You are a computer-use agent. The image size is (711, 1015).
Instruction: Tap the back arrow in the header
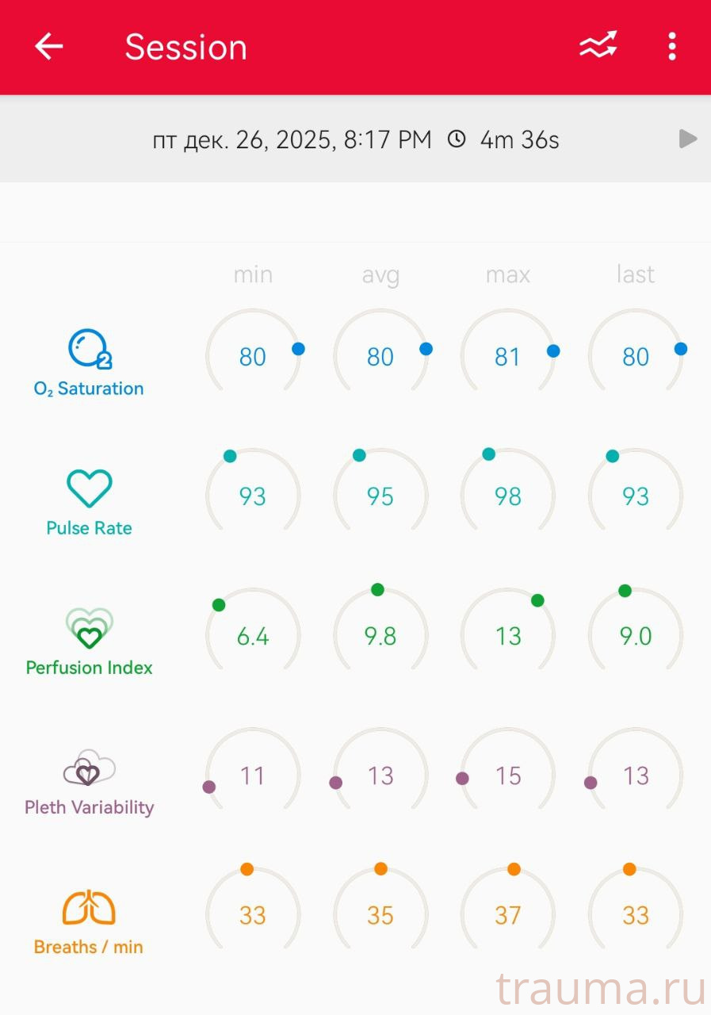point(48,47)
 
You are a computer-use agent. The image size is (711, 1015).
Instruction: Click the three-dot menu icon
point(671,47)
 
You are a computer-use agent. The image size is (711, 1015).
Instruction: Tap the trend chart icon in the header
point(598,46)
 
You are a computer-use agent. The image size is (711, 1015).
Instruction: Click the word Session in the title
point(186,47)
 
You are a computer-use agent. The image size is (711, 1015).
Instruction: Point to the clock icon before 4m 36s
point(457,140)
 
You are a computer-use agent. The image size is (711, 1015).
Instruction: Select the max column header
point(507,274)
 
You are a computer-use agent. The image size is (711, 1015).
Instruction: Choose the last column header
point(636,274)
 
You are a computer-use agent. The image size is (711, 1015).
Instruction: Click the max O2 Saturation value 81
point(507,357)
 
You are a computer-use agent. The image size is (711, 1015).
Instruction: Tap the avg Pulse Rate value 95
point(380,496)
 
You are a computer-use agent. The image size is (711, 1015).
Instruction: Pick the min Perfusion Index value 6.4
point(252,636)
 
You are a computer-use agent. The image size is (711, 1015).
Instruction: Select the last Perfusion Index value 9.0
point(636,636)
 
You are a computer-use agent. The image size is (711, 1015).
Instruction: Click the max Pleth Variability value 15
point(507,776)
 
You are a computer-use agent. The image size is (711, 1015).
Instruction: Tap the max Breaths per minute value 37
point(507,915)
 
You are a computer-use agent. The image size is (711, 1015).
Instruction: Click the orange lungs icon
point(89,908)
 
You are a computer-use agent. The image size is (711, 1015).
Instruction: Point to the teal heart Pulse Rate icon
point(89,488)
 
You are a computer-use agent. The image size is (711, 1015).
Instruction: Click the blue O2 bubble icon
point(89,349)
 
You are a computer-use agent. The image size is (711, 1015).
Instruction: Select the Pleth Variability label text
point(89,807)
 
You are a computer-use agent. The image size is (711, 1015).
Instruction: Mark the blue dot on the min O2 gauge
point(298,349)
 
